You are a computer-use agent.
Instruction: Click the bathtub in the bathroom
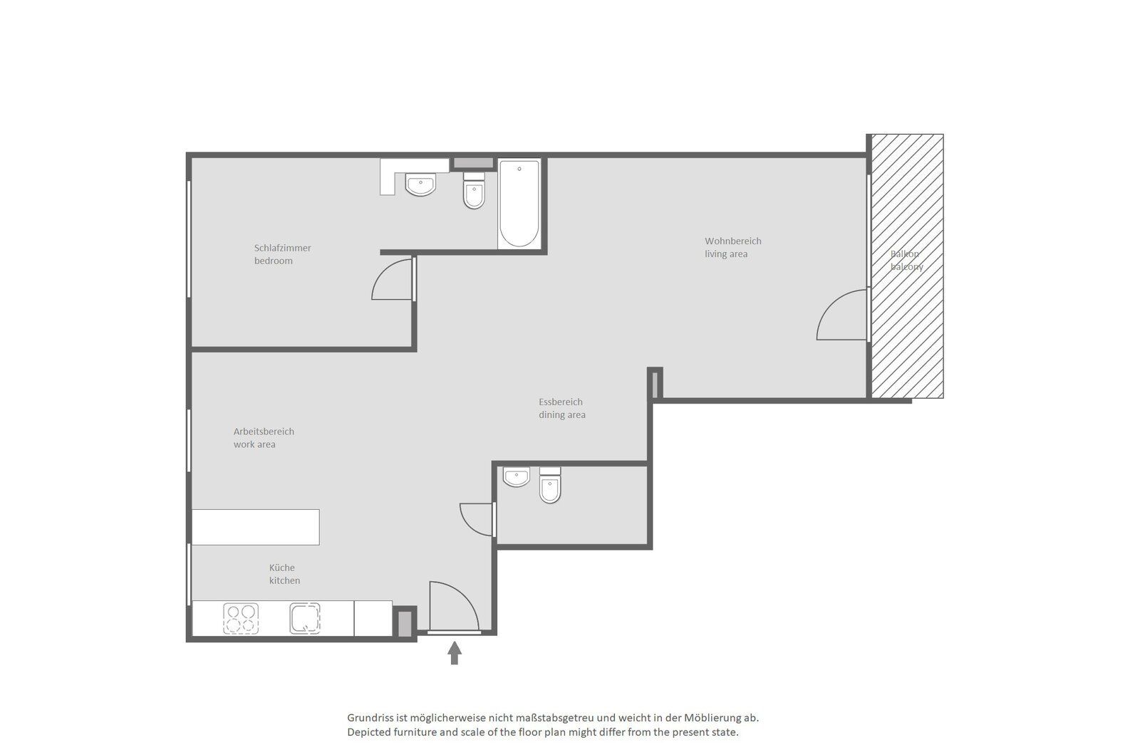[x=519, y=204]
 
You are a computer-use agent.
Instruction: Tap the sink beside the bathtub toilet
[x=420, y=184]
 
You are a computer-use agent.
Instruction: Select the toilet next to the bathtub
[x=474, y=191]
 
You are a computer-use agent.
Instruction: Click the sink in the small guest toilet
[x=516, y=476]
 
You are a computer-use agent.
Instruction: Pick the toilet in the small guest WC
[x=550, y=485]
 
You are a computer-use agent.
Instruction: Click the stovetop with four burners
[x=241, y=618]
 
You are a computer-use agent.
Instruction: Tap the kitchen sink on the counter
[x=305, y=618]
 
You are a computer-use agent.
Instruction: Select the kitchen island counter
[x=256, y=527]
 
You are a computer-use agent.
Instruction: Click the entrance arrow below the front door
[x=455, y=653]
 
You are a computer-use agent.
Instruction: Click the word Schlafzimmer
[x=282, y=248]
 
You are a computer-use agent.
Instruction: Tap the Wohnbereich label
[x=733, y=241]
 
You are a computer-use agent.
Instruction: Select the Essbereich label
[x=560, y=402]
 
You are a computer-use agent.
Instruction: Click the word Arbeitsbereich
[x=264, y=432]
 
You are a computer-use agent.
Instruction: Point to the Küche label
[x=282, y=568]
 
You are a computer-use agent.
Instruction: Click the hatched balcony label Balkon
[x=904, y=254]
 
